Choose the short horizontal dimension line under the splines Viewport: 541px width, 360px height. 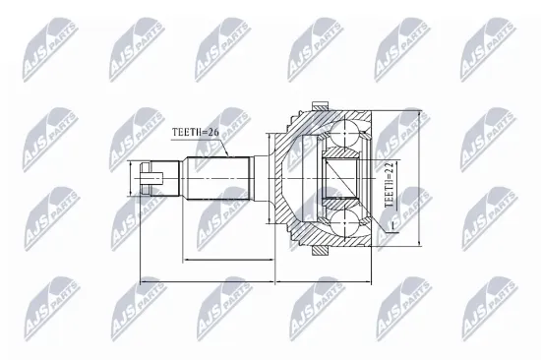coord(228,260)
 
